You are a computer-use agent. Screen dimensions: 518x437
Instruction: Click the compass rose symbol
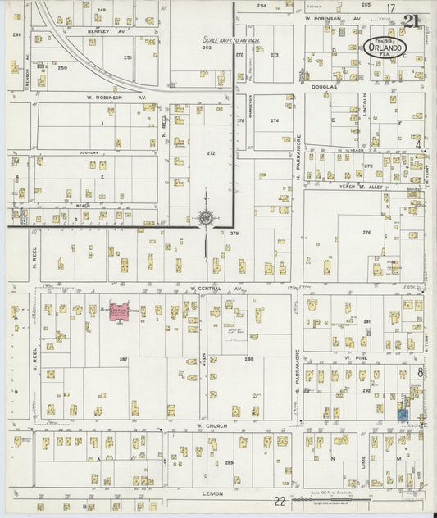coord(204,218)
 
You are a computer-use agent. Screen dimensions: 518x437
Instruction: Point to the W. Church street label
coord(211,425)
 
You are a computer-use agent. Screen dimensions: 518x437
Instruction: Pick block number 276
coord(366,233)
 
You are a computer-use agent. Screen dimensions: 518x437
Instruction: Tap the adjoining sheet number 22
coord(280,500)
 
